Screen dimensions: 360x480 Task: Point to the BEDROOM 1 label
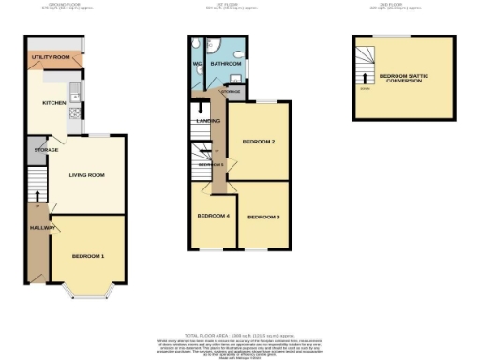[x=89, y=256]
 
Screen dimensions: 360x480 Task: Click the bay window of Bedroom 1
[x=89, y=292]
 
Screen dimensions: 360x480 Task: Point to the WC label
[x=198, y=64]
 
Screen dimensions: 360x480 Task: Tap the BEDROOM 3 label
[x=263, y=217]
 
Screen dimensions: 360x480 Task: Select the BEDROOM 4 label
[x=213, y=217]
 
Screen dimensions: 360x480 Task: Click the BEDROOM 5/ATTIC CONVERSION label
[x=400, y=78]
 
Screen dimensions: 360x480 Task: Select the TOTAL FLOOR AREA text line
[x=240, y=335]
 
